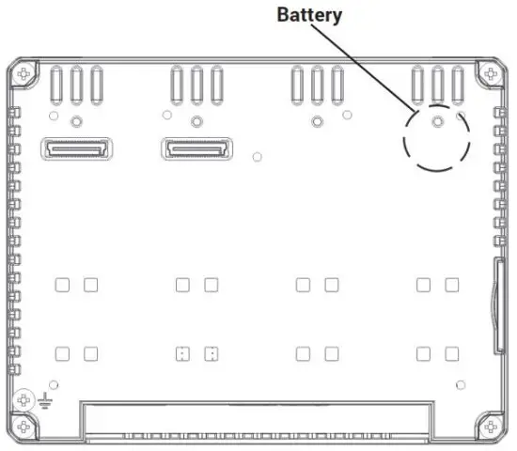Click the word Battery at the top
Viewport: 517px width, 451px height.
click(308, 15)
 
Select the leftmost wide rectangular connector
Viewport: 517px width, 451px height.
click(76, 148)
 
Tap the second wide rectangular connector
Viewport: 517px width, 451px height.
click(196, 148)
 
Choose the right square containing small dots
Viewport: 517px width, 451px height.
click(211, 354)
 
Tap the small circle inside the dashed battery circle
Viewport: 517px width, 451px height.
click(436, 121)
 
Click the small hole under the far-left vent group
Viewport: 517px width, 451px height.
click(76, 120)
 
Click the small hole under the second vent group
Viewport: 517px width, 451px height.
click(196, 120)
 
